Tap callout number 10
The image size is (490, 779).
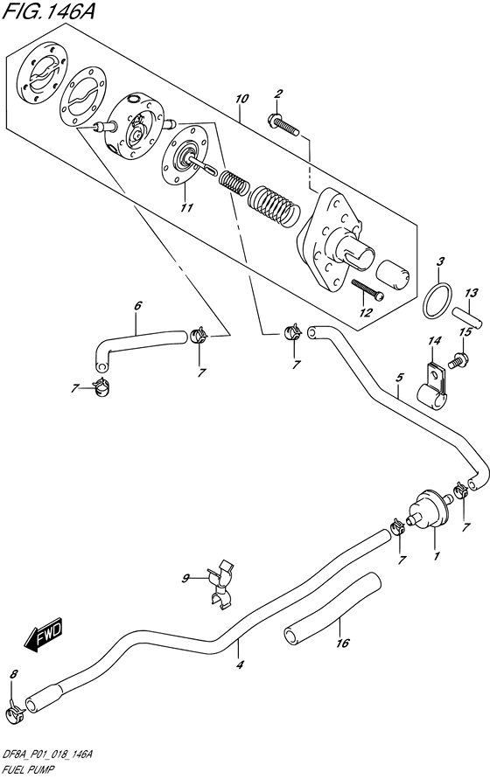click(x=241, y=99)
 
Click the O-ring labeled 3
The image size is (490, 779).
click(x=437, y=300)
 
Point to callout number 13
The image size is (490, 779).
click(x=471, y=293)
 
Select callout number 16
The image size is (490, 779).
click(x=343, y=643)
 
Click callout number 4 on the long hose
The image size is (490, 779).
click(x=240, y=664)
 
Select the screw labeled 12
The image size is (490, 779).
click(x=367, y=290)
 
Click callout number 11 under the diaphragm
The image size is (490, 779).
click(x=186, y=207)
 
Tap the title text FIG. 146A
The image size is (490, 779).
click(x=48, y=12)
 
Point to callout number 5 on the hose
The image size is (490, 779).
click(x=399, y=378)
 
